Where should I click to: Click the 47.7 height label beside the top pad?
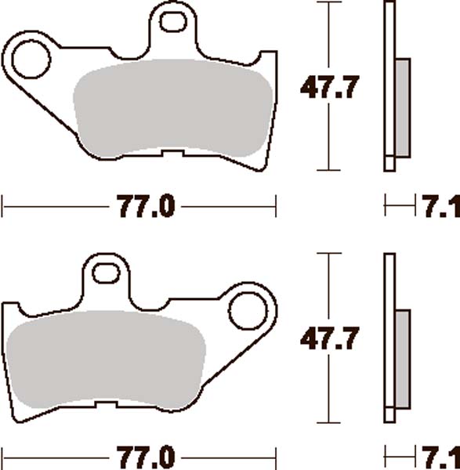[330, 88]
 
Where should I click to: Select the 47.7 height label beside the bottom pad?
[330, 340]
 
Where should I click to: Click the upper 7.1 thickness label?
[440, 208]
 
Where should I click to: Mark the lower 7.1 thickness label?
[440, 457]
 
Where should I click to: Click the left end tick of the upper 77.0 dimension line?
[4, 208]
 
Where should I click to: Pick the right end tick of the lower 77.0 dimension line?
[276, 457]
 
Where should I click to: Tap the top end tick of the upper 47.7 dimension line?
[330, 2]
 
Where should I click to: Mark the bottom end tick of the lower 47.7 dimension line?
[330, 422]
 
